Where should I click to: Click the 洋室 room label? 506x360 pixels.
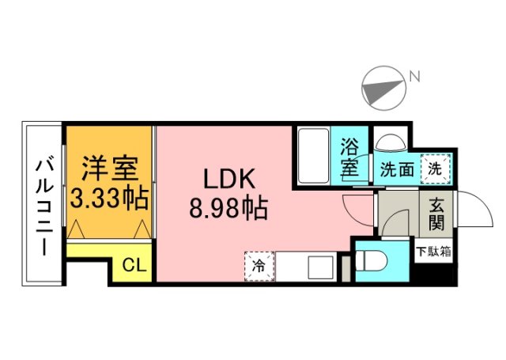(x=111, y=168)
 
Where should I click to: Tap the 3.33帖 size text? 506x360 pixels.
(x=110, y=198)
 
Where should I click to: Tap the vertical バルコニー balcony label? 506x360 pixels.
(x=43, y=206)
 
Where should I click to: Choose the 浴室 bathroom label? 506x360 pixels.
(x=350, y=157)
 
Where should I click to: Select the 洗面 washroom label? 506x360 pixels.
(x=396, y=169)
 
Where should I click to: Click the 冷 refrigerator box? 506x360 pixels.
(x=259, y=265)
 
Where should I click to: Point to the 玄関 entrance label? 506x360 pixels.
(x=436, y=213)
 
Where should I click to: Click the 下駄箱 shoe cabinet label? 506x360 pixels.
(x=434, y=252)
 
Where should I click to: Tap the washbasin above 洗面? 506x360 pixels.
(x=390, y=142)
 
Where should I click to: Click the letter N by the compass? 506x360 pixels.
(x=413, y=77)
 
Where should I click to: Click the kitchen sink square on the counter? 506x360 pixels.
(x=321, y=267)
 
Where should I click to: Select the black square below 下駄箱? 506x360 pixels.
(x=434, y=274)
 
